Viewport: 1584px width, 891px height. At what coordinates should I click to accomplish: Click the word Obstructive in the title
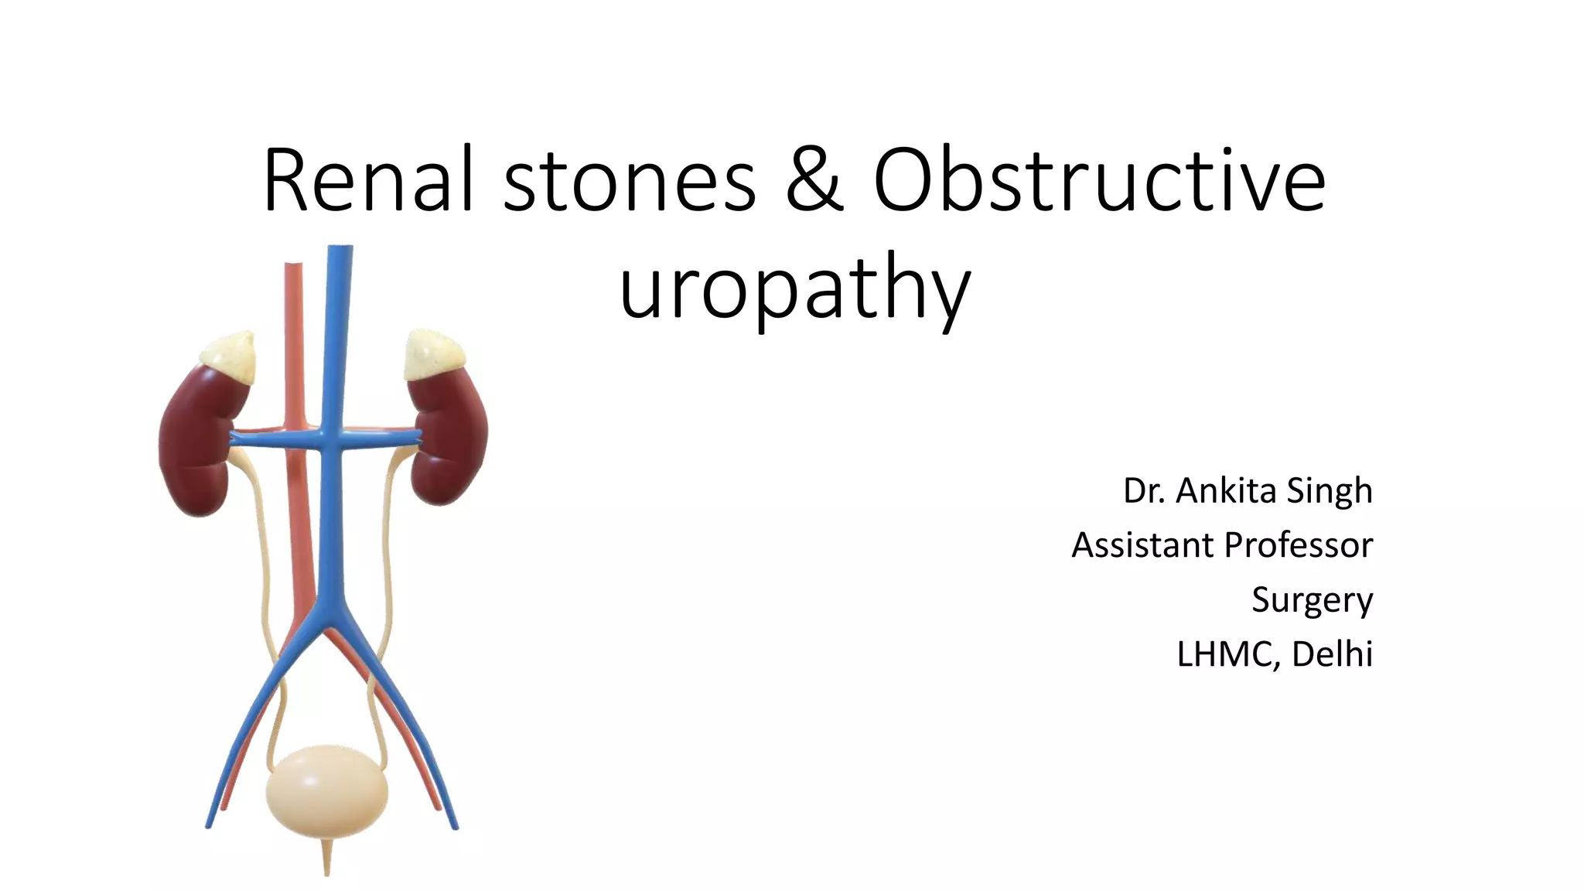point(1099,181)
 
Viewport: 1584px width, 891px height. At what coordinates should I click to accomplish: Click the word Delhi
point(1332,654)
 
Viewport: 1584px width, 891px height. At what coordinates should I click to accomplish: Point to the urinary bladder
point(326,790)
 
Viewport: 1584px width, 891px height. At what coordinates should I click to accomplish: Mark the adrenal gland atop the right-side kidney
point(435,354)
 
